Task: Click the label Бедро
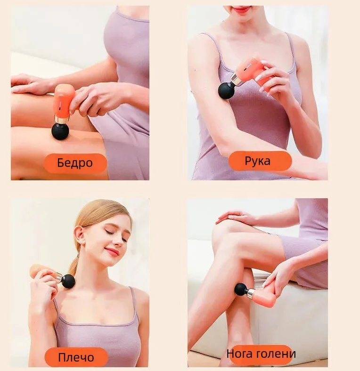[x=75, y=163]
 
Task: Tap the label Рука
[x=257, y=161]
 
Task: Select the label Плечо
[x=76, y=357]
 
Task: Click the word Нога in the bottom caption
[x=239, y=354]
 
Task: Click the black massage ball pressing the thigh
[x=60, y=131]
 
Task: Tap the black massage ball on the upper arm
[x=226, y=90]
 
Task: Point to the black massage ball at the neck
[x=68, y=281]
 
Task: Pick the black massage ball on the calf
[x=241, y=290]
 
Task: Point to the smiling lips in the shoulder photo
[x=112, y=251]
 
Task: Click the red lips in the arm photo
[x=241, y=9]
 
